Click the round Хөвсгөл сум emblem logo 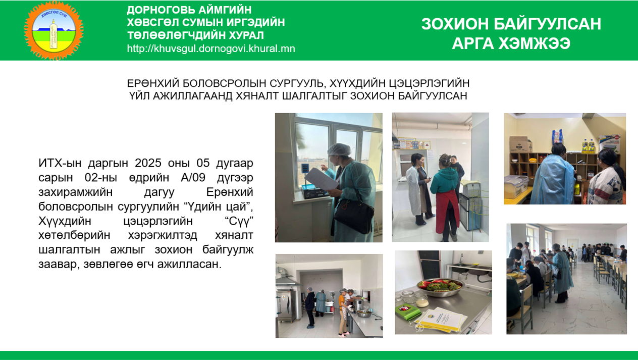(54, 30)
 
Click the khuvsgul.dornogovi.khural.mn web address (211, 48)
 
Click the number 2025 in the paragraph (148, 163)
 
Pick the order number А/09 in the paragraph (193, 177)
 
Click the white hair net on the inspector (339, 149)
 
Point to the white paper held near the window (321, 179)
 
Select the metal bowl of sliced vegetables (441, 287)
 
